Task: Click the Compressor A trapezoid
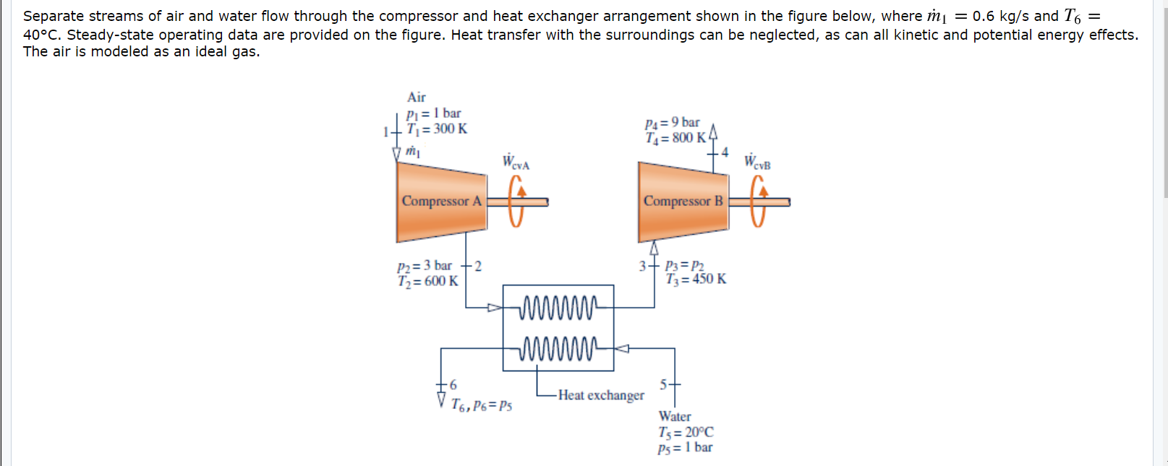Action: [441, 202]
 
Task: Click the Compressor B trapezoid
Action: [683, 202]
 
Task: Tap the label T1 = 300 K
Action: [437, 129]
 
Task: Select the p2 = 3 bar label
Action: [425, 266]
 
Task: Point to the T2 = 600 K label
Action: [427, 281]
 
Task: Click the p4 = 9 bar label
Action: [672, 123]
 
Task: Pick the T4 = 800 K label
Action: [675, 138]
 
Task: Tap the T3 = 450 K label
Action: [696, 279]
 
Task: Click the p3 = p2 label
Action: [684, 266]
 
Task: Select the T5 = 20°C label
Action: [686, 432]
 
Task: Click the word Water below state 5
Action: [674, 416]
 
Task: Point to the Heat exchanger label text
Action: [600, 395]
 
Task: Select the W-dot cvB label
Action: [757, 162]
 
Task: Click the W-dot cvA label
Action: [516, 162]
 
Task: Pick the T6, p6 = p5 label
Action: [481, 405]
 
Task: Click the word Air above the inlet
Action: [417, 98]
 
